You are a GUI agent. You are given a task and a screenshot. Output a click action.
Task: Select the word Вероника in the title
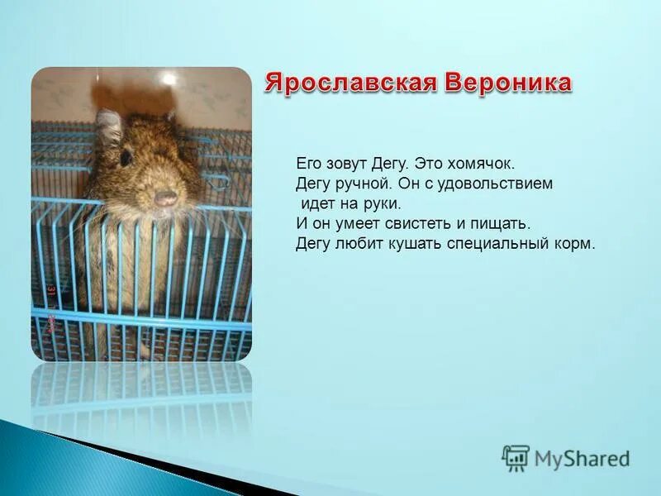tap(508, 83)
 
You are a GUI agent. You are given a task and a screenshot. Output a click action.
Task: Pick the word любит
tap(354, 244)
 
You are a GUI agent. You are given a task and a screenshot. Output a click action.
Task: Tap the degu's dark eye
tap(126, 157)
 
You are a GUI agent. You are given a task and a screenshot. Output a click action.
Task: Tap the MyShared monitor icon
tap(516, 458)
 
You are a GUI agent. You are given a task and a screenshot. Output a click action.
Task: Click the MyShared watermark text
tap(582, 459)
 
